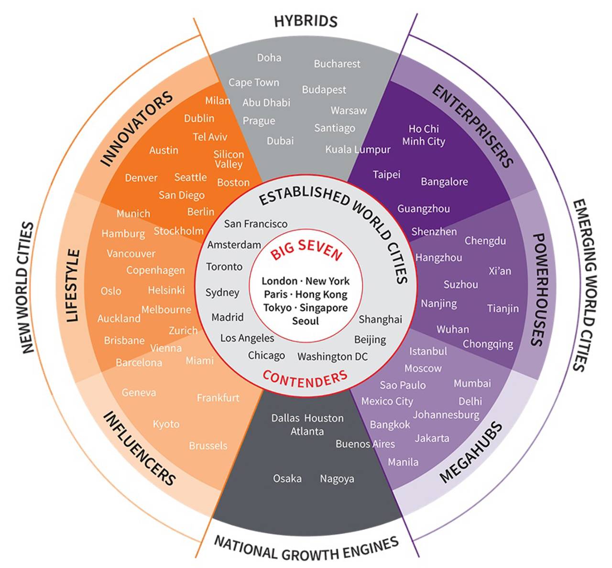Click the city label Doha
point(269,58)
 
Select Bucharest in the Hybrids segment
point(337,64)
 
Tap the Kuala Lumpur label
point(358,150)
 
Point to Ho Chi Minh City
point(424,135)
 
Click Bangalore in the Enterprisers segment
point(444,182)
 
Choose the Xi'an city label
point(500,271)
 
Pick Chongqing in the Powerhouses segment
point(488,344)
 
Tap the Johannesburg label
point(446,415)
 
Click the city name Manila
point(403,462)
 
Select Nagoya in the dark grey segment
point(337,479)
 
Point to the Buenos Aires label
point(365,444)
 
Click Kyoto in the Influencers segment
point(166,424)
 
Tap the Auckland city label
point(119,318)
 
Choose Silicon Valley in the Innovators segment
point(229,159)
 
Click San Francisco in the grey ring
point(256,224)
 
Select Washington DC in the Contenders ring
point(332,356)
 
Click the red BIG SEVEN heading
point(306,249)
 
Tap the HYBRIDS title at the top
point(306,21)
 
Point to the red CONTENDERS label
point(305,379)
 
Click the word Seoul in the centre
point(305,321)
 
